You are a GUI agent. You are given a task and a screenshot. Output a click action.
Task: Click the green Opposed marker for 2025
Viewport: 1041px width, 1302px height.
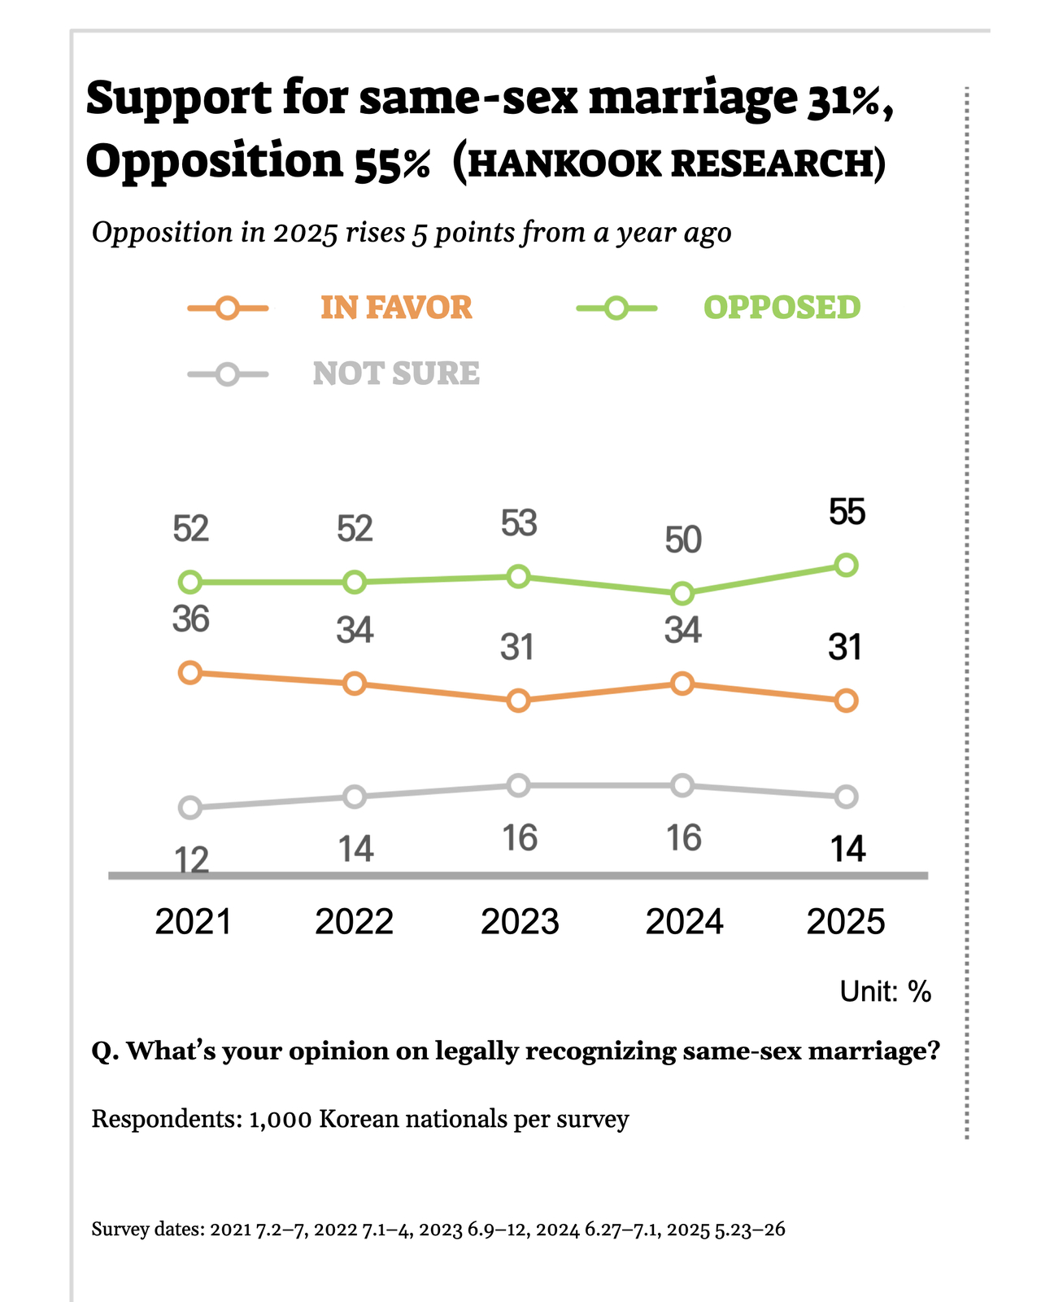click(846, 565)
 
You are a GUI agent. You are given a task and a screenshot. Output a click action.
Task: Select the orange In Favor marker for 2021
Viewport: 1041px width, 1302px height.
click(189, 672)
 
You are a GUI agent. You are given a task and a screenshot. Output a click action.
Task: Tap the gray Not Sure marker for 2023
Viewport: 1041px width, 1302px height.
click(518, 785)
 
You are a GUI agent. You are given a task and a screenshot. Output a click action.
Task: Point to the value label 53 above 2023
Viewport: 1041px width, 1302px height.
click(519, 523)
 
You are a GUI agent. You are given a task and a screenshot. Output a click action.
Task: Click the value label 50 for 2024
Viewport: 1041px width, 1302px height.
click(682, 540)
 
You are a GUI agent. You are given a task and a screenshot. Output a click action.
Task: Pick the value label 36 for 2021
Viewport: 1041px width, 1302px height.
click(191, 620)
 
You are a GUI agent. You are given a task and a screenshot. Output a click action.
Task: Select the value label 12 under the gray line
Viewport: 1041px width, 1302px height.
click(191, 859)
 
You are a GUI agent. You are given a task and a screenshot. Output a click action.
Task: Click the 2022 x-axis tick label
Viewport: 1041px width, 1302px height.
click(354, 922)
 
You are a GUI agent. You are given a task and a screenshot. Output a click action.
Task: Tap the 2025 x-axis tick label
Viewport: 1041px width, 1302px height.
click(845, 922)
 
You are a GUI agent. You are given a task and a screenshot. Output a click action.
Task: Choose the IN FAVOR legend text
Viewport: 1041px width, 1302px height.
click(396, 308)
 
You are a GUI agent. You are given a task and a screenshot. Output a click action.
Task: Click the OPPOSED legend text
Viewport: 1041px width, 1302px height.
click(782, 308)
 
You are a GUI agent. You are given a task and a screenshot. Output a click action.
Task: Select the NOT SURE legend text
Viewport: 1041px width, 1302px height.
click(396, 374)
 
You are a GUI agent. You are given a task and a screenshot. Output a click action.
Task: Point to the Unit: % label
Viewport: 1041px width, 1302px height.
click(885, 991)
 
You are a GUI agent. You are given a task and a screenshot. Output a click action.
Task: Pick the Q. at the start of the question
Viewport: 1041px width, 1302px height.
click(105, 1051)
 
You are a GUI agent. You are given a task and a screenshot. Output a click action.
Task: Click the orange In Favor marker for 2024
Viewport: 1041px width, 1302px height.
click(682, 684)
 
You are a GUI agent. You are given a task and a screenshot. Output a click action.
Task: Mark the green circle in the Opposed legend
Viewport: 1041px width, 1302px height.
click(616, 308)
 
